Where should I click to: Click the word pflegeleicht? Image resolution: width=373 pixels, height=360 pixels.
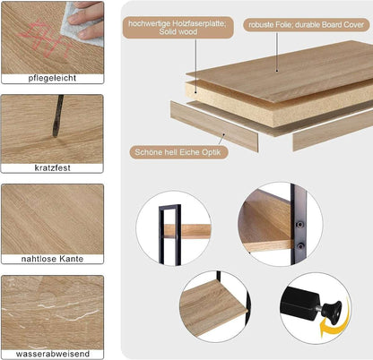[51, 79]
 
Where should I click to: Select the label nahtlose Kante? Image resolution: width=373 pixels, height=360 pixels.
[51, 260]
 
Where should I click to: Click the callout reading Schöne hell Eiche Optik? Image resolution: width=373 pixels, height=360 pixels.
[180, 152]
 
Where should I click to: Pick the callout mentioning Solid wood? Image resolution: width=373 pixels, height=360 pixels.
[184, 28]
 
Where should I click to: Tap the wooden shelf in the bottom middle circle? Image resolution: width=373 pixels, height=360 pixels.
[211, 304]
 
